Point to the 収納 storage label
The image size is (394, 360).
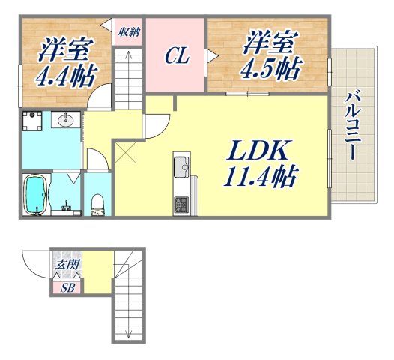click(x=128, y=32)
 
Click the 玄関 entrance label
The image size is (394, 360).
click(x=61, y=264)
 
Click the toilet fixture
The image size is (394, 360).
click(x=97, y=203)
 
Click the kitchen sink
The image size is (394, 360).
click(x=181, y=166)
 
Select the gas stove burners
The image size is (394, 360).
click(x=181, y=204)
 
